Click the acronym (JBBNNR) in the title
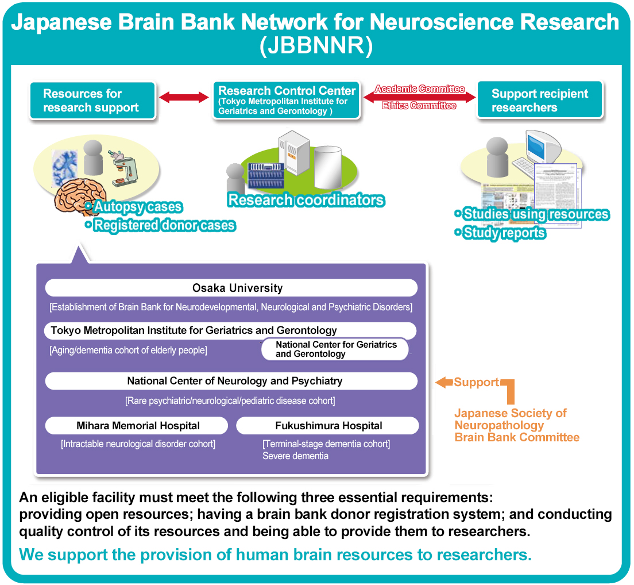[x=316, y=45]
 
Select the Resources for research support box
[x=92, y=101]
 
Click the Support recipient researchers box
[x=540, y=101]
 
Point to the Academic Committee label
[x=419, y=89]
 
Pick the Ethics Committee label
[x=419, y=106]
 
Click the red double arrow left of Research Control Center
[x=184, y=97]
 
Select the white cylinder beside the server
[x=327, y=167]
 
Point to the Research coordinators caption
[x=306, y=200]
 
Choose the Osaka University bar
[x=231, y=288]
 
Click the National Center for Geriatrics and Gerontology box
[x=335, y=349]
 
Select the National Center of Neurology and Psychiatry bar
[x=231, y=381]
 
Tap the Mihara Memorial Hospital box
[x=137, y=426]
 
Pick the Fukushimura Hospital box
[x=327, y=426]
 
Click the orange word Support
[x=476, y=382]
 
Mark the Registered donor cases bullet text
[x=164, y=225]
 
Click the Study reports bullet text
[x=504, y=233]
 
